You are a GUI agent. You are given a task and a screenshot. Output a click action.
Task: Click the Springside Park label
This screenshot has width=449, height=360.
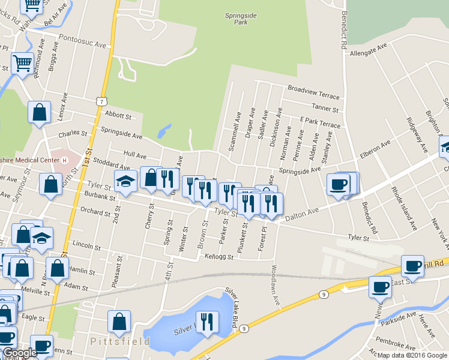tap(236, 18)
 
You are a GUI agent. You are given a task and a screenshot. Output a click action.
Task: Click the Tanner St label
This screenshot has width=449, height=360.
tap(327, 108)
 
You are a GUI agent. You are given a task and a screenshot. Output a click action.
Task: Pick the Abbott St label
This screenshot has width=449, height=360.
tap(118, 115)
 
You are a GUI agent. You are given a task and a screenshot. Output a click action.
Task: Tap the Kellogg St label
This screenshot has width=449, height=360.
tap(218, 256)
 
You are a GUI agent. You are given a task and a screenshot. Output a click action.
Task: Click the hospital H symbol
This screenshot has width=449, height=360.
tap(65, 160)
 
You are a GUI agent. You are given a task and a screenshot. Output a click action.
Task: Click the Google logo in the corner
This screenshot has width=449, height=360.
tap(19, 353)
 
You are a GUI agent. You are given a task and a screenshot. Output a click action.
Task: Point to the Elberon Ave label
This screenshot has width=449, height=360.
tap(375, 148)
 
